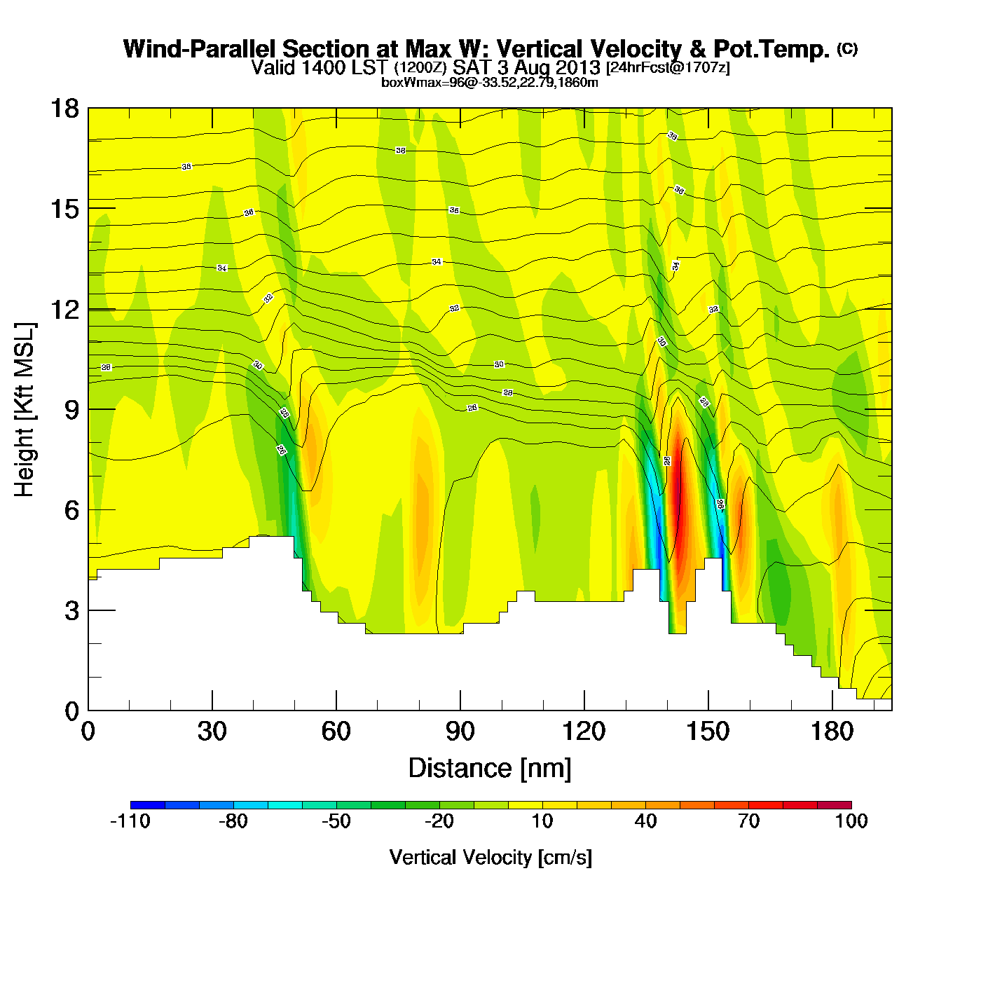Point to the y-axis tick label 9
click(71, 410)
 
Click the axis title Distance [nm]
click(490, 769)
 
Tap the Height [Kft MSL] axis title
click(25, 410)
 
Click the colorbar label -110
click(130, 821)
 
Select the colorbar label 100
click(851, 821)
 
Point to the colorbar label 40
click(645, 821)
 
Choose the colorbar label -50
click(336, 821)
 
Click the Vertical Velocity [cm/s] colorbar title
click(490, 858)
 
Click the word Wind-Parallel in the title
click(200, 49)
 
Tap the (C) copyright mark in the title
click(847, 48)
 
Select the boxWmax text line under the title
click(489, 83)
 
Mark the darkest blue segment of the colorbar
click(147, 805)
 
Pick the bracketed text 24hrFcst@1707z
click(668, 68)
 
